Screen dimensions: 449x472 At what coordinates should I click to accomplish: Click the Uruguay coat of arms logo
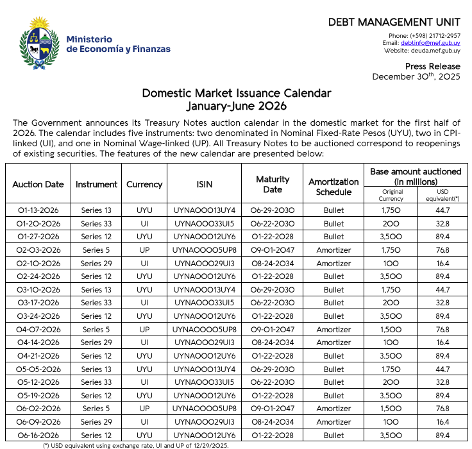(36, 44)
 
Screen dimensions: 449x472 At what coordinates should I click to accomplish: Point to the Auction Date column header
(38, 184)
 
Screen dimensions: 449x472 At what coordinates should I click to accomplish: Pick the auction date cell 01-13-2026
(38, 210)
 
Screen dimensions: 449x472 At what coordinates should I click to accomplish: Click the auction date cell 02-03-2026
(38, 250)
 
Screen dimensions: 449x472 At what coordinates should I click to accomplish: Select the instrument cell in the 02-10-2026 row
(96, 263)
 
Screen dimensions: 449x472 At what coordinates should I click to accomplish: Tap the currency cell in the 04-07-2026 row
(144, 329)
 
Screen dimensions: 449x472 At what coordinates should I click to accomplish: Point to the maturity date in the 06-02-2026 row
(273, 409)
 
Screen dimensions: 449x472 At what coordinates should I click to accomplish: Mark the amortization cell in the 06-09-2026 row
(333, 422)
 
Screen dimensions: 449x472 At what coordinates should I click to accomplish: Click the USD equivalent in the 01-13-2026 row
(442, 210)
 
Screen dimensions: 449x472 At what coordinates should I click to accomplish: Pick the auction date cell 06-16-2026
(38, 436)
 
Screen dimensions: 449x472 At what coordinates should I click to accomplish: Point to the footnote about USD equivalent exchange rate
(136, 445)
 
